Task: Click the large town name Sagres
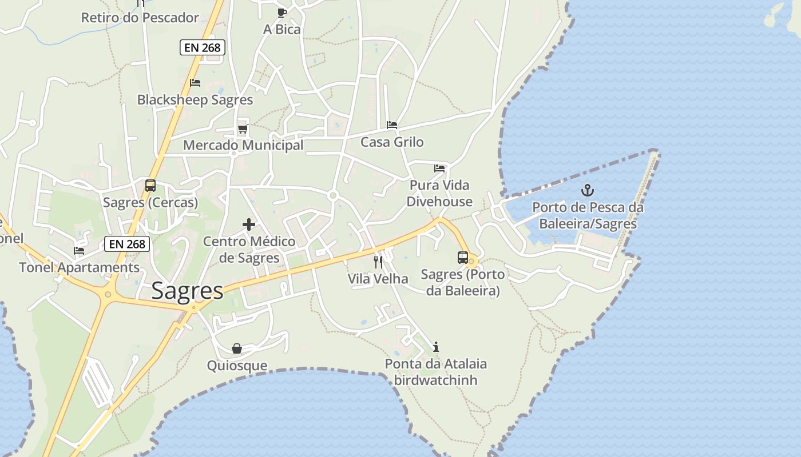[x=188, y=291]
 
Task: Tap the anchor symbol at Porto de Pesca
[x=588, y=190]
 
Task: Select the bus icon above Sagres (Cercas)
[x=150, y=186]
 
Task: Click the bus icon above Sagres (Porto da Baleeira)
[x=463, y=258]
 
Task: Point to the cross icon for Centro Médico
[x=249, y=225]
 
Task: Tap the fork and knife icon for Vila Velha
[x=378, y=262]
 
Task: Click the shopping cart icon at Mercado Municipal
[x=243, y=129]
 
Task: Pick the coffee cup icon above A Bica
[x=281, y=13]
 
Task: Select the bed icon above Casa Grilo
[x=392, y=125]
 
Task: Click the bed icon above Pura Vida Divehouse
[x=439, y=169]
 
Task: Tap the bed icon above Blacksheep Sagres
[x=195, y=83]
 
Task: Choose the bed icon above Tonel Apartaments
[x=79, y=251]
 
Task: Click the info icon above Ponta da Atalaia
[x=436, y=347]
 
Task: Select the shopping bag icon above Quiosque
[x=237, y=348]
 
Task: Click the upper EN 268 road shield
[x=203, y=47]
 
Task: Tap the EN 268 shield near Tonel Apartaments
[x=127, y=244]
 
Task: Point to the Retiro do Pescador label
[x=140, y=18]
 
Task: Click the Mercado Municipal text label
[x=243, y=145]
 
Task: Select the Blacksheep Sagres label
[x=195, y=100]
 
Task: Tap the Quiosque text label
[x=237, y=366]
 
